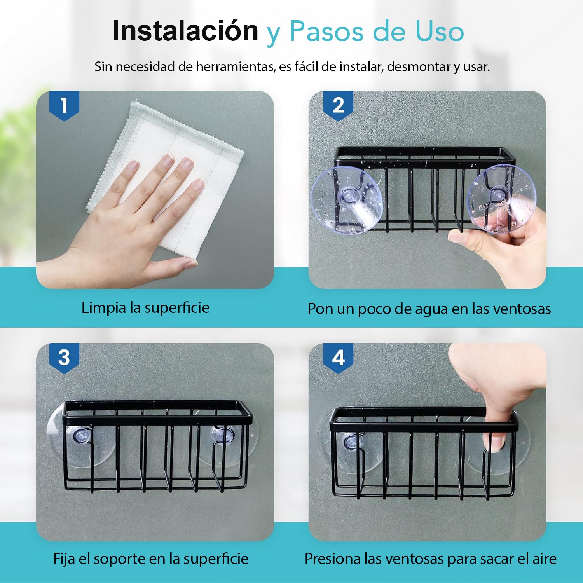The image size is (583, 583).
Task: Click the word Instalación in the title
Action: point(185,31)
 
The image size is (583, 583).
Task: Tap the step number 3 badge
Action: point(64,358)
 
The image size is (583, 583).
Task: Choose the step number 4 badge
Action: point(338,358)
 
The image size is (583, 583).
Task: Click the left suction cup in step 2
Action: point(347,200)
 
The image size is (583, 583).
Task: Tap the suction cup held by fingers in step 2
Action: point(501,199)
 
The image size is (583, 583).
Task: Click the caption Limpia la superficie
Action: point(145,308)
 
